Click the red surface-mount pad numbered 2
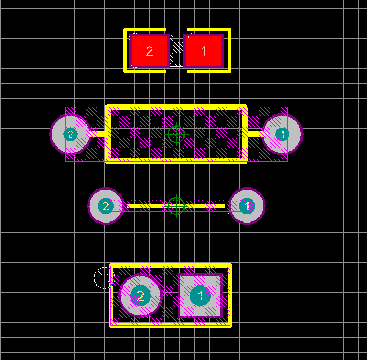click(149, 51)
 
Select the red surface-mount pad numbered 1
click(203, 51)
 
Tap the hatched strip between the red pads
click(177, 51)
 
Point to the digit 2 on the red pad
click(149, 51)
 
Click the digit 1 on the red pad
click(204, 51)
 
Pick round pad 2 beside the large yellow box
click(70, 134)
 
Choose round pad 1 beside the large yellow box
click(282, 134)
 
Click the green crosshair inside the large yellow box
click(176, 134)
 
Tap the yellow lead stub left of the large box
click(96, 134)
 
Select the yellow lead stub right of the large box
click(256, 134)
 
